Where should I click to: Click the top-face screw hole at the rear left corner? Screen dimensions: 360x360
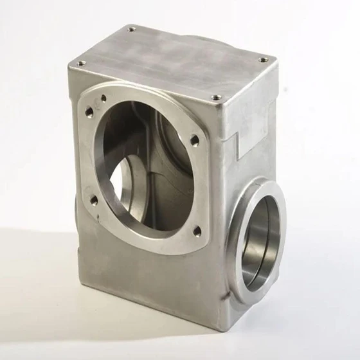click(x=132, y=29)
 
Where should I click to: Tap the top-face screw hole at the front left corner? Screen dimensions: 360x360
click(x=81, y=63)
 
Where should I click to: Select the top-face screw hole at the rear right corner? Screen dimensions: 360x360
click(x=264, y=60)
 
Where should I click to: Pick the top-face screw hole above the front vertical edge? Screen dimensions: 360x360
click(x=217, y=98)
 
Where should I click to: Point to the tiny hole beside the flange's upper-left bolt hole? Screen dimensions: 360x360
click(x=104, y=98)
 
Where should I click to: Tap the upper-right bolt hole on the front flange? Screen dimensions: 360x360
click(x=195, y=139)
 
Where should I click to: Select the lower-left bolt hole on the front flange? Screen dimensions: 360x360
click(x=94, y=200)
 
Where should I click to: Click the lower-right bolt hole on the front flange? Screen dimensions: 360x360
click(x=197, y=230)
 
